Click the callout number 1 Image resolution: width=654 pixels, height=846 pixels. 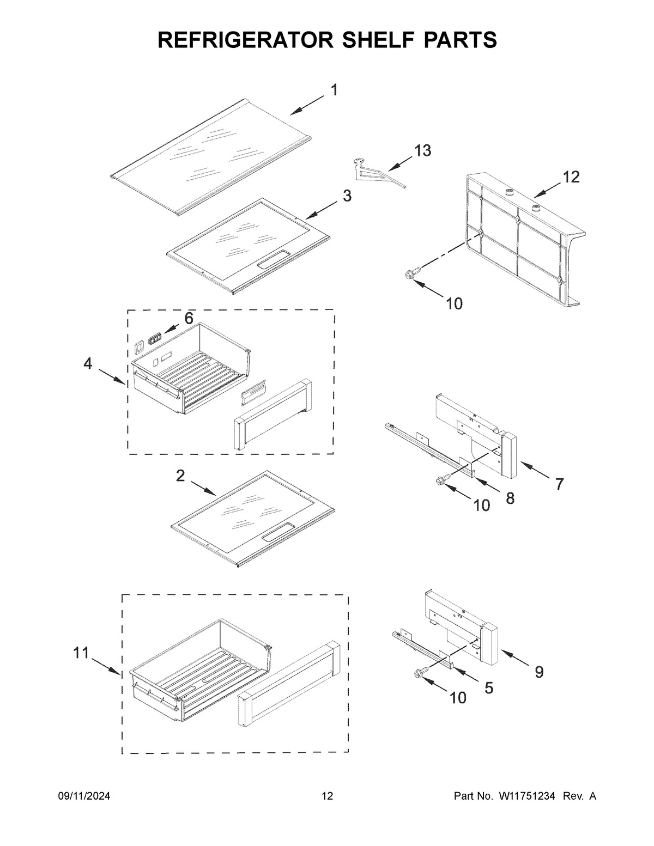point(334,90)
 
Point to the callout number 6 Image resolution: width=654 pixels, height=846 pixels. point(189,319)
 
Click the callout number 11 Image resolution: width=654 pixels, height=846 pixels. point(81,653)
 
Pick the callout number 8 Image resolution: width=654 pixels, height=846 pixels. point(510,498)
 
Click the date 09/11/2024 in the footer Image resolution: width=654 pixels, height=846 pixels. point(84,796)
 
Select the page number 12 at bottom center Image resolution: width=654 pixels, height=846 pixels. point(327,796)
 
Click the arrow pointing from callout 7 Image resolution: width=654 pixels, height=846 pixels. point(534,471)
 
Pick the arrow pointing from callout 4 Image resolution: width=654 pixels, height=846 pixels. point(112,376)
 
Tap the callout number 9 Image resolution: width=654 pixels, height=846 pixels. point(538,672)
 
